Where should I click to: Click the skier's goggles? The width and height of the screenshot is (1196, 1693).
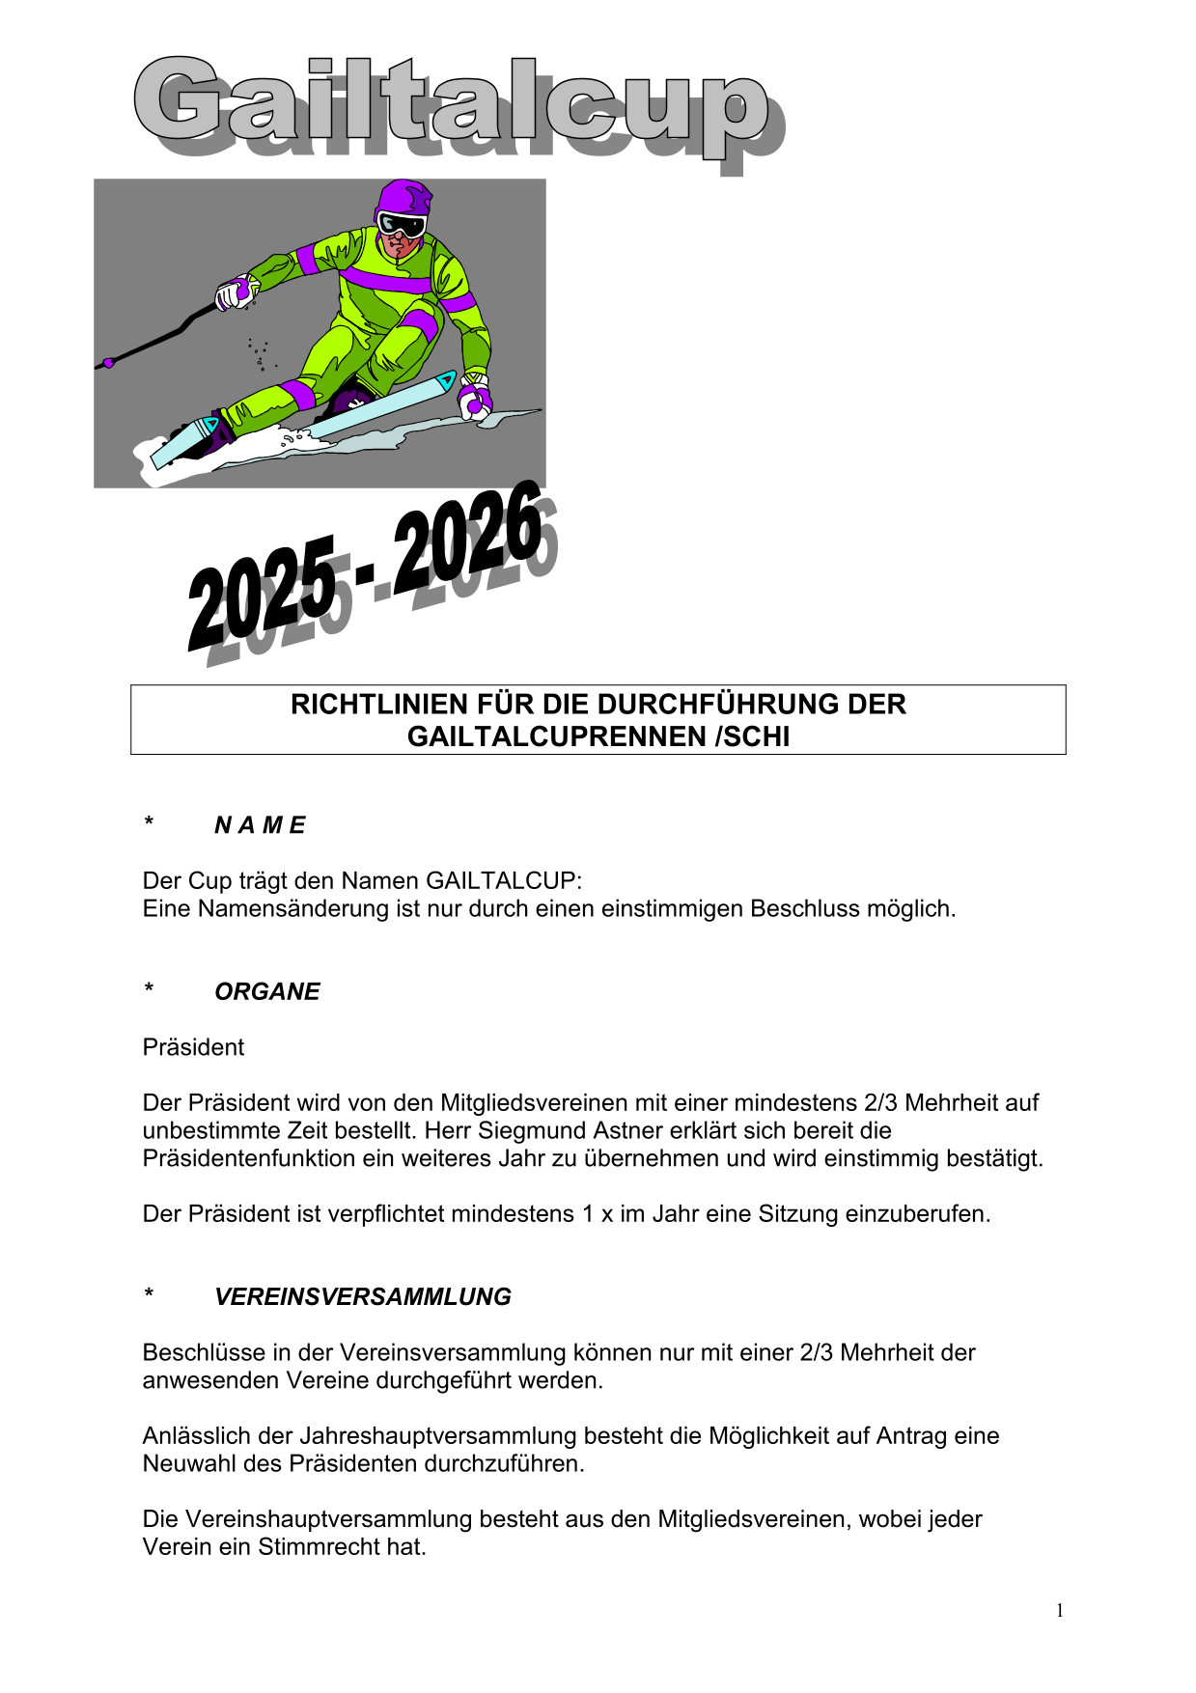coord(402,225)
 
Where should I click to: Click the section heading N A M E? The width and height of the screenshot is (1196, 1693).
coord(260,825)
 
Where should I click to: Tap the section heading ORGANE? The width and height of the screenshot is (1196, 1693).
coord(267,992)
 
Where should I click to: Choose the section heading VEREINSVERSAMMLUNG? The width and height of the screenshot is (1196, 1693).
coord(363,1297)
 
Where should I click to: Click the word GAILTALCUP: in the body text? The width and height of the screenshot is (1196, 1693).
coord(504,881)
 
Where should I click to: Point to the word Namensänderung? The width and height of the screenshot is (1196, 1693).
coord(295,909)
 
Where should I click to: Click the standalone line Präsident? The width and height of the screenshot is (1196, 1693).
coord(193,1048)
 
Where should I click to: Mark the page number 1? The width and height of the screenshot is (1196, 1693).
coord(1060,1611)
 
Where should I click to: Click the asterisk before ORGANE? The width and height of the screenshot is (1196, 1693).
coord(149,989)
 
